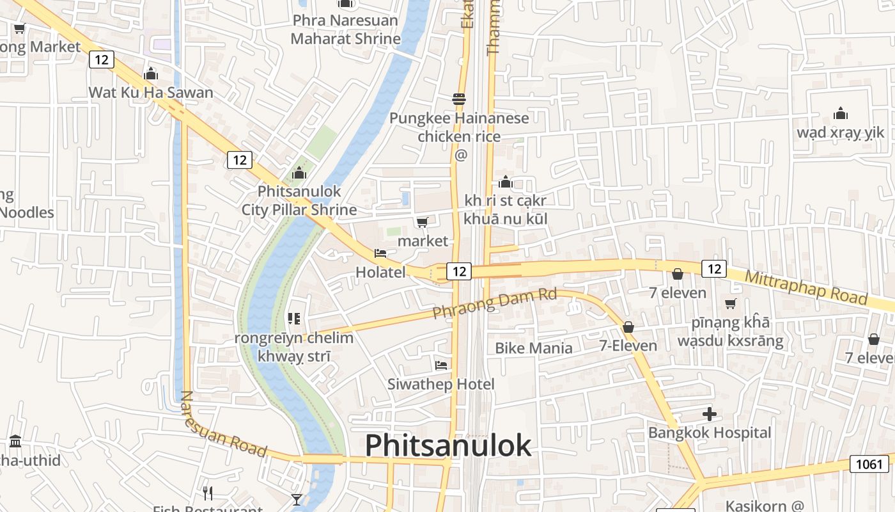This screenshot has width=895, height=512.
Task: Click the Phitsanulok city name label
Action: click(x=447, y=445)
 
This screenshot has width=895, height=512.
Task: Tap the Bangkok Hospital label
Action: click(x=709, y=433)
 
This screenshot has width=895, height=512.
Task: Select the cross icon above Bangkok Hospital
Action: click(x=709, y=414)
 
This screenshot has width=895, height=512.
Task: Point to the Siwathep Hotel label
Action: click(x=440, y=384)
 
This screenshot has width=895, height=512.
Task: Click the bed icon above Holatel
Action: click(x=380, y=253)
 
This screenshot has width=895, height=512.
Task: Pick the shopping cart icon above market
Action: click(x=422, y=222)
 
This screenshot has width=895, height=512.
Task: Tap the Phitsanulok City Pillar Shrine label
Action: click(x=299, y=200)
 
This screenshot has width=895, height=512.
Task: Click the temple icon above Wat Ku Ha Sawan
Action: click(x=151, y=74)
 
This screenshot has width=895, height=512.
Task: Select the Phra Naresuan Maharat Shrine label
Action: click(x=345, y=29)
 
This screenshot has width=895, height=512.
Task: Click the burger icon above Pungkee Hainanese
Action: click(x=459, y=99)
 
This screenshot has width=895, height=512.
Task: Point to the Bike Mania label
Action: click(x=534, y=348)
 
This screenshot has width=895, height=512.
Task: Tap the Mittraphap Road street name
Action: click(x=805, y=288)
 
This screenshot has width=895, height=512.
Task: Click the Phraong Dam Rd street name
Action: click(x=495, y=303)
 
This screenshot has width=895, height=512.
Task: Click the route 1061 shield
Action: click(x=869, y=464)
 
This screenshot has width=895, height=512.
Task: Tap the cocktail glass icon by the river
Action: click(x=297, y=499)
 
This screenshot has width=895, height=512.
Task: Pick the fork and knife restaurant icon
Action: click(x=207, y=493)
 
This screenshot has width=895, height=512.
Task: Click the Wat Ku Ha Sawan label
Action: click(x=151, y=92)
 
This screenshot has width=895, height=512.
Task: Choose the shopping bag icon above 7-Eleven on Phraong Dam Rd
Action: click(x=628, y=327)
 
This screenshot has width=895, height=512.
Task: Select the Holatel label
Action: click(x=380, y=272)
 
